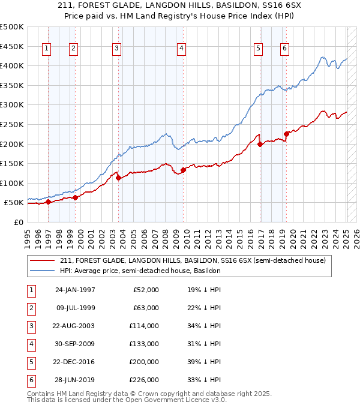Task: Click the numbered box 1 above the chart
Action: point(47,49)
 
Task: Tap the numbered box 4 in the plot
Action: point(181,49)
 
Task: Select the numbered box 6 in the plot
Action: point(284,49)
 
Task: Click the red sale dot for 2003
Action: point(118,178)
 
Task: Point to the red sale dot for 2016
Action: point(260,144)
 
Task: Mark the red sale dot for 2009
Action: point(183,170)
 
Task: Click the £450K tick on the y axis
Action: point(12,46)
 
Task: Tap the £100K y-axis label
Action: point(12,183)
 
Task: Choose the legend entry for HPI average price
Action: point(140,271)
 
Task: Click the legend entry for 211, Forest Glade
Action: point(192,260)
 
